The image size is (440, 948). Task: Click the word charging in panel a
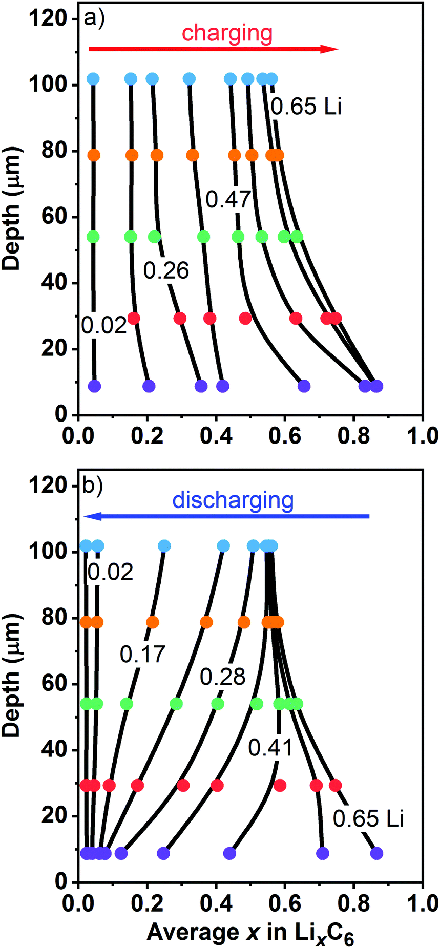pyautogui.click(x=227, y=33)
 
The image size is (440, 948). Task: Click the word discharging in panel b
pyautogui.click(x=233, y=500)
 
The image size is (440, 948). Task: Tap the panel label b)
pyautogui.click(x=93, y=485)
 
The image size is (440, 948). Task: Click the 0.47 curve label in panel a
pyautogui.click(x=228, y=199)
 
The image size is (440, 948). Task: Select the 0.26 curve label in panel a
pyautogui.click(x=166, y=270)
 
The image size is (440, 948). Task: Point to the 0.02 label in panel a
pyautogui.click(x=104, y=325)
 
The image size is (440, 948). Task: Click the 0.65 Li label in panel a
pyautogui.click(x=306, y=107)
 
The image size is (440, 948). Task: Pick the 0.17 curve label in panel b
pyautogui.click(x=142, y=655)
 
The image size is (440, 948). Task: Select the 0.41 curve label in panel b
pyautogui.click(x=270, y=748)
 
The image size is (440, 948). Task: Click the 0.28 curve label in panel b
pyautogui.click(x=222, y=677)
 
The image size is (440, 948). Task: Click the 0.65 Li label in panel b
pyautogui.click(x=368, y=819)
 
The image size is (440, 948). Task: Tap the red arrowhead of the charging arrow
pyautogui.click(x=329, y=49)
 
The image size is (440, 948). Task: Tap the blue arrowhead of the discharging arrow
pyautogui.click(x=92, y=516)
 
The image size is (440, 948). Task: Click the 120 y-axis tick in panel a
pyautogui.click(x=48, y=18)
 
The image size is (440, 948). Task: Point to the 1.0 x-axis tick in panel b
pyautogui.click(x=422, y=903)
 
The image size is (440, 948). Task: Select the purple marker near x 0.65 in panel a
pyautogui.click(x=304, y=386)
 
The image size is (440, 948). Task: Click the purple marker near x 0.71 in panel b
pyautogui.click(x=322, y=853)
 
